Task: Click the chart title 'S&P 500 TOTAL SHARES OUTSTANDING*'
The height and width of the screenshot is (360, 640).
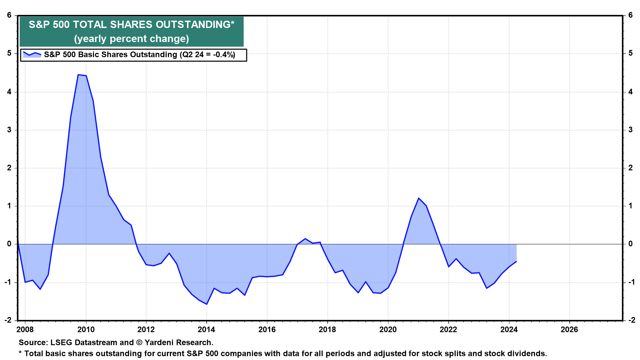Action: click(x=131, y=25)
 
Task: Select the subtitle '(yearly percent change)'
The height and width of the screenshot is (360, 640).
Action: click(x=131, y=39)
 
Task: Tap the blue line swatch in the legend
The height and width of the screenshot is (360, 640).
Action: click(x=32, y=54)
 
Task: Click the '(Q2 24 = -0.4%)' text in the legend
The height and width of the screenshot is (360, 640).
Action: click(x=207, y=55)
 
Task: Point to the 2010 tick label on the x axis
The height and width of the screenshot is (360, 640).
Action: click(x=86, y=330)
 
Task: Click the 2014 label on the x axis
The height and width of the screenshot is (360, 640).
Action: click(x=207, y=330)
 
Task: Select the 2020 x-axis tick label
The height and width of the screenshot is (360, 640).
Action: click(x=388, y=330)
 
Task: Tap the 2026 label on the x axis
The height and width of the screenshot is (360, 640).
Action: click(x=569, y=330)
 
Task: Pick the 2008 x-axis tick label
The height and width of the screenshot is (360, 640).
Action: click(x=25, y=330)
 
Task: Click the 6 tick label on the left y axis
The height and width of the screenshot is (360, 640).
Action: click(x=9, y=15)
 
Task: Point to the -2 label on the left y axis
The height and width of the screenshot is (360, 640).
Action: click(x=8, y=320)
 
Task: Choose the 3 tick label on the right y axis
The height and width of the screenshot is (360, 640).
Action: click(x=630, y=130)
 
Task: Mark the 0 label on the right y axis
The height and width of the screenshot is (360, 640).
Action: click(x=630, y=244)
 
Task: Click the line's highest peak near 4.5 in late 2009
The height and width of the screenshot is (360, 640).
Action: click(x=78, y=75)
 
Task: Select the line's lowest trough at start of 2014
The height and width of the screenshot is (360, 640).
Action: click(x=207, y=304)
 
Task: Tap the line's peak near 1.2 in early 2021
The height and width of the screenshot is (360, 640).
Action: click(x=419, y=198)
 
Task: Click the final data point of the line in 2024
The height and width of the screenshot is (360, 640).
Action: click(x=516, y=261)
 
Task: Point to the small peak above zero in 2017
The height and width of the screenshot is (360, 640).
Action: click(x=305, y=239)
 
